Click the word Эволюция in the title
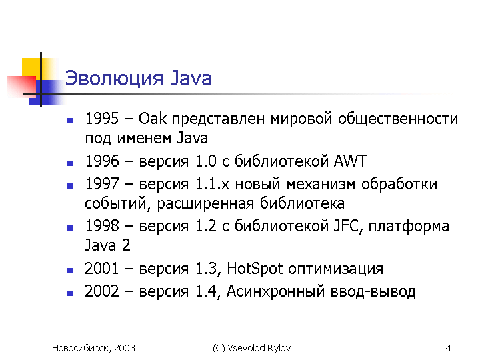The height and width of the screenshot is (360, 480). point(114,79)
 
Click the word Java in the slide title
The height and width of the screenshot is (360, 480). point(191,78)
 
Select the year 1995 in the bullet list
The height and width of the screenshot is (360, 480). point(101,119)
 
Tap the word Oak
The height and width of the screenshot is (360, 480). point(153,119)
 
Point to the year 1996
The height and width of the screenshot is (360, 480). point(101,161)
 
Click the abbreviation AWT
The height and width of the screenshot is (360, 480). point(350,161)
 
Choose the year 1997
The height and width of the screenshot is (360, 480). point(101,184)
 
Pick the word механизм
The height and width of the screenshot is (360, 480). point(321,185)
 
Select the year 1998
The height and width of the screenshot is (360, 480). point(101,226)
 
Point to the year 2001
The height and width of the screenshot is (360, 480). point(101,269)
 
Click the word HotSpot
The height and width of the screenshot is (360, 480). point(255,269)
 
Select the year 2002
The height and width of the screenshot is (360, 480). point(101,291)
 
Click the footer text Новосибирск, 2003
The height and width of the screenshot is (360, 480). point(93,348)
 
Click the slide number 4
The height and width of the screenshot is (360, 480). point(448,348)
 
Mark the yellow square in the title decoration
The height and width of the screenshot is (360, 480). point(31,67)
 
